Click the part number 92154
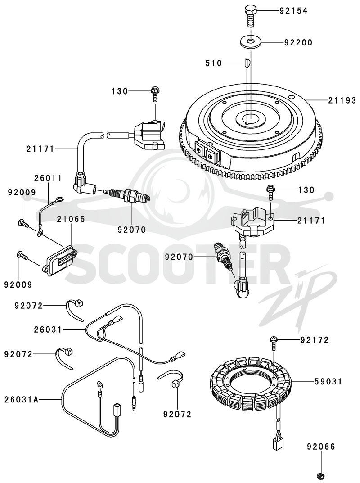coord(293,11)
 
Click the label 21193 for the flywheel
coord(342,100)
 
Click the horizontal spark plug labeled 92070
coord(127,194)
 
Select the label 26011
coord(48,178)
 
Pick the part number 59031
coord(328,382)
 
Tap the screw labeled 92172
coord(273,343)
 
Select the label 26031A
coord(22,400)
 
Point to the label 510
coord(214,63)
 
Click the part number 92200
coord(298,42)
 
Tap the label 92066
coord(321,447)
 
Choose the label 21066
coord(71,219)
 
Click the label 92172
coord(315,340)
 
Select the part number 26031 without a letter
coord(48,330)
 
